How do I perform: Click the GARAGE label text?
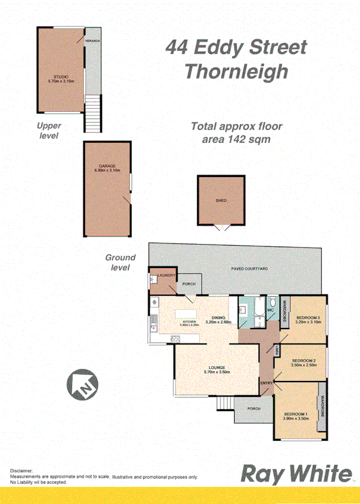[x=107, y=166]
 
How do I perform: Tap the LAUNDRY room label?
[x=164, y=275]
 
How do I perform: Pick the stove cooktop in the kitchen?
[x=175, y=339]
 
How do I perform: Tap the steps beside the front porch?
[x=224, y=404]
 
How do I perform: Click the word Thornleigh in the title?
[x=236, y=71]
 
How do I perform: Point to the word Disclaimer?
[x=22, y=471]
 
